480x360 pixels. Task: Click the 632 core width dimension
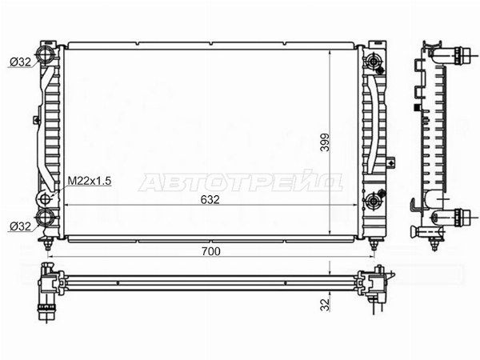(x=210, y=199)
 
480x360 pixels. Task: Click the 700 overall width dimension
(x=211, y=251)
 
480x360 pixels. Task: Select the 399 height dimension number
(x=325, y=142)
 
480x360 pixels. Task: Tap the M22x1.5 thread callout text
(x=89, y=181)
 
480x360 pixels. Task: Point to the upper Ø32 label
(x=21, y=62)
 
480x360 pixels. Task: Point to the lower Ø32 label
(x=21, y=226)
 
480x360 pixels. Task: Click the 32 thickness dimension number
(x=325, y=305)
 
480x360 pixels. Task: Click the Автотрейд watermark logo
(x=241, y=182)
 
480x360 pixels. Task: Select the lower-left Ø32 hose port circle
(x=45, y=217)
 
